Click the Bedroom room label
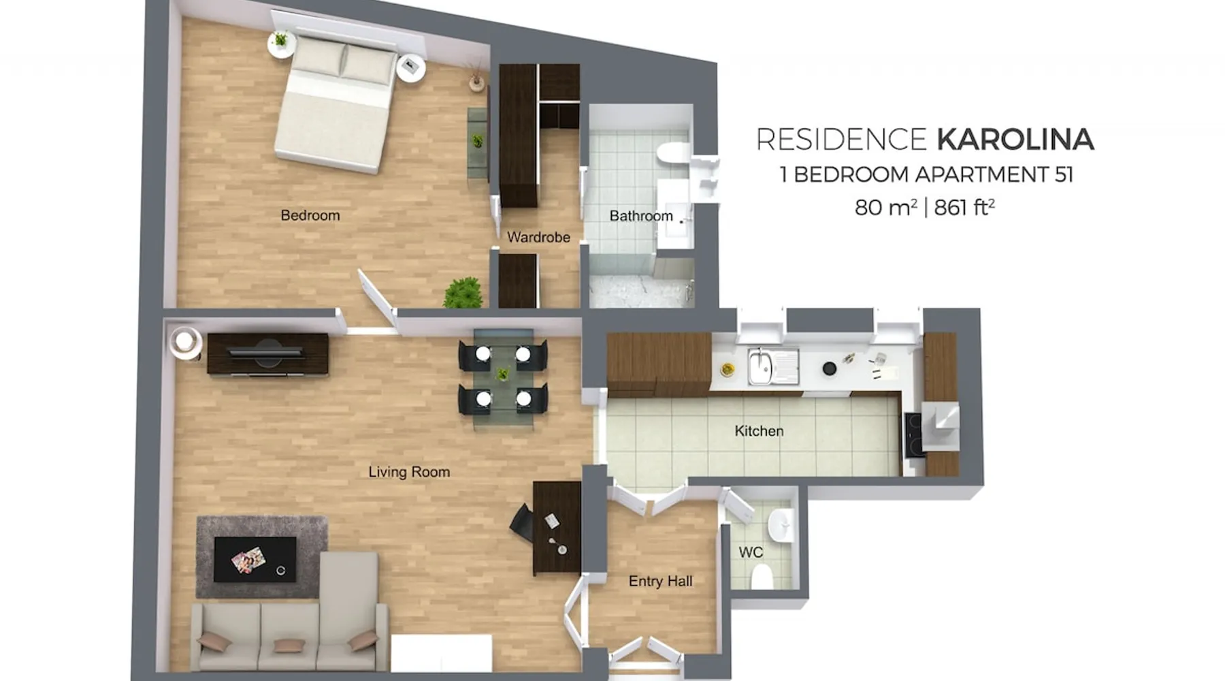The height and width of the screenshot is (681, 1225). pyautogui.click(x=310, y=215)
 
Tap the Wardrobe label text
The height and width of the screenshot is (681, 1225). pyautogui.click(x=538, y=237)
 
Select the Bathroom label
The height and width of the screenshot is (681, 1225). pyautogui.click(x=641, y=216)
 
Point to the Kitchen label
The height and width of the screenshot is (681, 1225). pyautogui.click(x=759, y=431)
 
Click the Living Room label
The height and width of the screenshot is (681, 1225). pyautogui.click(x=409, y=472)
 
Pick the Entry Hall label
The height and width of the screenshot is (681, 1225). pyautogui.click(x=660, y=581)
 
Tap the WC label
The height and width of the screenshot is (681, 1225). pyautogui.click(x=751, y=552)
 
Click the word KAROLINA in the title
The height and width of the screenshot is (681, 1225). pyautogui.click(x=1015, y=140)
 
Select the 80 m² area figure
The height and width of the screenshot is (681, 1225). pyautogui.click(x=886, y=206)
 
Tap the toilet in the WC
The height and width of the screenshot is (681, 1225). pyautogui.click(x=762, y=575)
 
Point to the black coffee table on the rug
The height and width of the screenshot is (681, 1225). pyautogui.click(x=255, y=559)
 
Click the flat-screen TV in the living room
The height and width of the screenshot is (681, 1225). pyautogui.click(x=266, y=351)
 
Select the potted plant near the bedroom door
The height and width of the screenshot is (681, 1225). pyautogui.click(x=463, y=293)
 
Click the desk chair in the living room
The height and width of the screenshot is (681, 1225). pyautogui.click(x=522, y=523)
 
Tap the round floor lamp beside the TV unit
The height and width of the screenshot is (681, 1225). pyautogui.click(x=184, y=342)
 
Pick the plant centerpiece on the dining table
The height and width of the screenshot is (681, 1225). pyautogui.click(x=503, y=374)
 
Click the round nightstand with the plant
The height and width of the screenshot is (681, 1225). pyautogui.click(x=281, y=44)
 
